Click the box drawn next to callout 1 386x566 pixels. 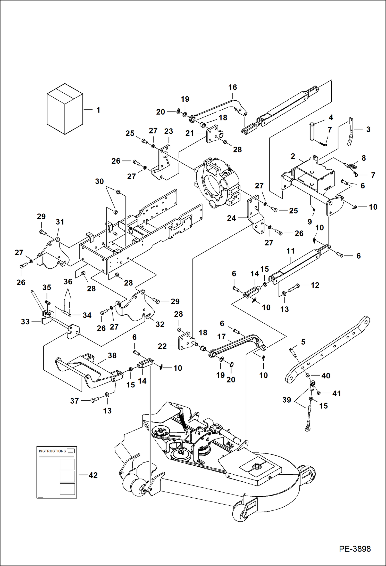65,109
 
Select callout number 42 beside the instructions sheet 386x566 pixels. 93,475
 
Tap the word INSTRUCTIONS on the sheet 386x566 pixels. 53,451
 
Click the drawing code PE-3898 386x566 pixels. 355,549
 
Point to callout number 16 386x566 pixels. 232,87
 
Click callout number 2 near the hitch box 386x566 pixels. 293,156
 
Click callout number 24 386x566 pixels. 231,218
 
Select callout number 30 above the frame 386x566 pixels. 99,181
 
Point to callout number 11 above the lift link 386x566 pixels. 290,251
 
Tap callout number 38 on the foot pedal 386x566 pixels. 112,355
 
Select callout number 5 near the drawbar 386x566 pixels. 303,342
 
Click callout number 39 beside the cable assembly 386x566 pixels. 287,400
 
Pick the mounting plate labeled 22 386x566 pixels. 185,341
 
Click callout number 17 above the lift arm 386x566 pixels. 221,337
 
